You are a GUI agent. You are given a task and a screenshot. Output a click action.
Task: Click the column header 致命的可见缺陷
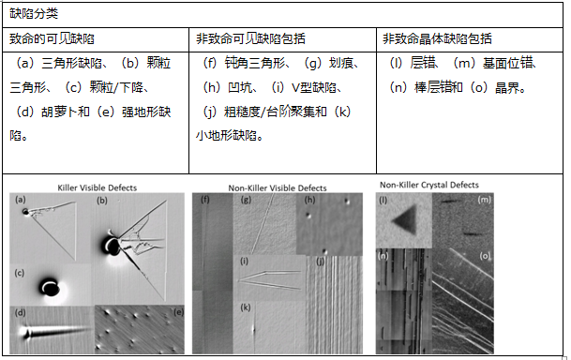(53, 39)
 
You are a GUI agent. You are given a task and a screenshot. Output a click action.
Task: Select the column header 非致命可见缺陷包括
(250, 39)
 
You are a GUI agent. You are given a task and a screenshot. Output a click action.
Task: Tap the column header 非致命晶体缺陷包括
(438, 39)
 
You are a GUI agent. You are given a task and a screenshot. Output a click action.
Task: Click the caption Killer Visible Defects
(95, 187)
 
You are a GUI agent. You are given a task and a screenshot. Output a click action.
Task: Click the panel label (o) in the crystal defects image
(484, 255)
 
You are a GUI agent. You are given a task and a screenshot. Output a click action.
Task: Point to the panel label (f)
(203, 201)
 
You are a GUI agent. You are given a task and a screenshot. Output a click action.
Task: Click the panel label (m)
(484, 201)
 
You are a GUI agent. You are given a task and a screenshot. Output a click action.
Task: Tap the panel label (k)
(246, 307)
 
